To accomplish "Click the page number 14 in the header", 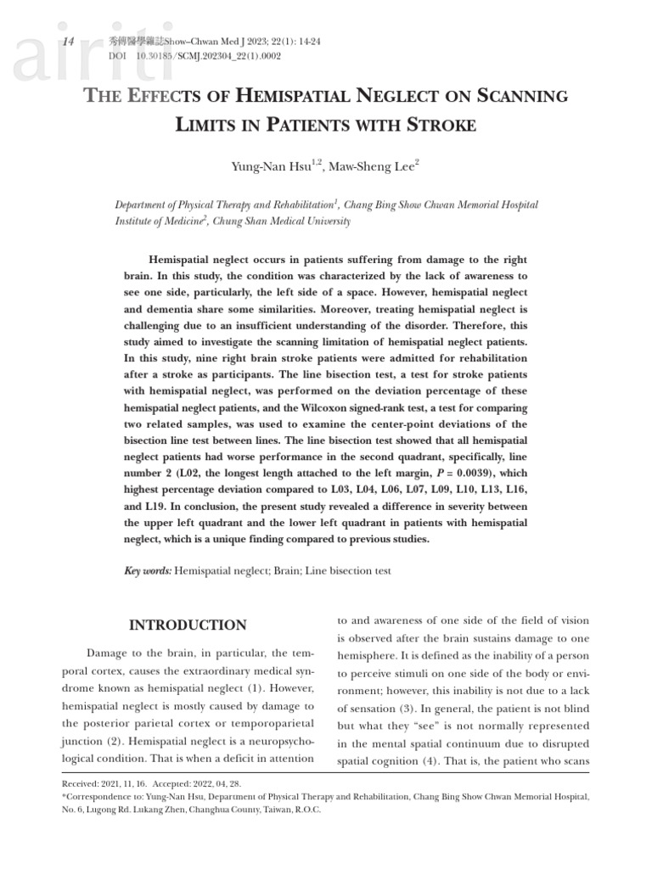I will click(x=70, y=42).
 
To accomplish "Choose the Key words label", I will click(x=148, y=571).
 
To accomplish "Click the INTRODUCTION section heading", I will click(x=187, y=625).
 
